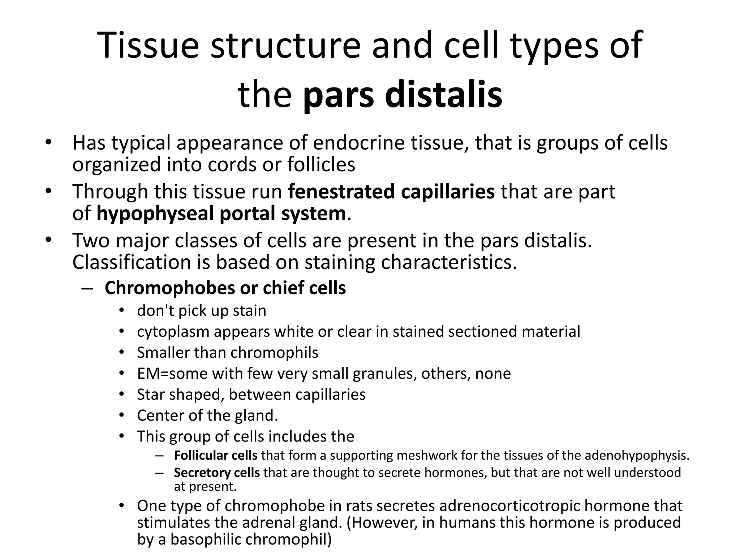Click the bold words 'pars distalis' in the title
(402, 95)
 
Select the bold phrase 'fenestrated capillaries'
(391, 192)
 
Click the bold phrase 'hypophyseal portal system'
(221, 213)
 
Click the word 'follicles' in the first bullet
(321, 164)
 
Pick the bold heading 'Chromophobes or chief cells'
(225, 288)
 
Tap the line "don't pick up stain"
(201, 311)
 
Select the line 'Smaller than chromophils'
(227, 353)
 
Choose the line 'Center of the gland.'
(207, 416)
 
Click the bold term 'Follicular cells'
(215, 456)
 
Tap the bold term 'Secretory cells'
(216, 473)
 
